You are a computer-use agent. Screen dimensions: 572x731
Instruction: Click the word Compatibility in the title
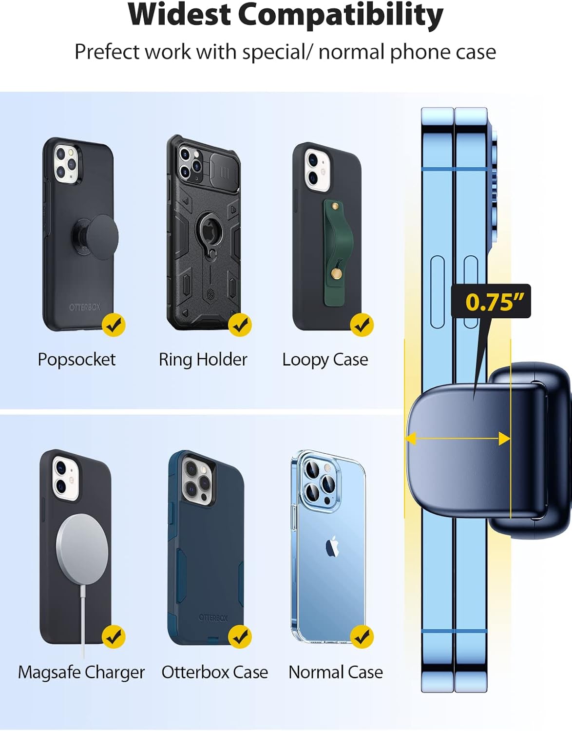pos(341,15)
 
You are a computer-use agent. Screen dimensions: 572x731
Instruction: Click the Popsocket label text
pos(76,360)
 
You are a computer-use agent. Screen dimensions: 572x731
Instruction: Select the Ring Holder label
pos(203,360)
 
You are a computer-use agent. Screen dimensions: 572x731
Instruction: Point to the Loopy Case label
pos(325,360)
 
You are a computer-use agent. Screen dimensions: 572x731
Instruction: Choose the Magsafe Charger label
pos(81,673)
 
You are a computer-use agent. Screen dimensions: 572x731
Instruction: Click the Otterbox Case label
pos(214,673)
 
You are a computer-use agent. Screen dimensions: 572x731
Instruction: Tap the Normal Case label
pos(335,673)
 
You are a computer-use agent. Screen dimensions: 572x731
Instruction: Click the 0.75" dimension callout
pos(491,302)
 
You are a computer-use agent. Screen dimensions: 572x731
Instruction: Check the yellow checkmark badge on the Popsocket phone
pos(114,325)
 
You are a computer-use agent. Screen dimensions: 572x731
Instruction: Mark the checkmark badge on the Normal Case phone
pos(362,637)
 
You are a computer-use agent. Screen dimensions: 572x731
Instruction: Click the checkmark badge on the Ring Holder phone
pos(240,325)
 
